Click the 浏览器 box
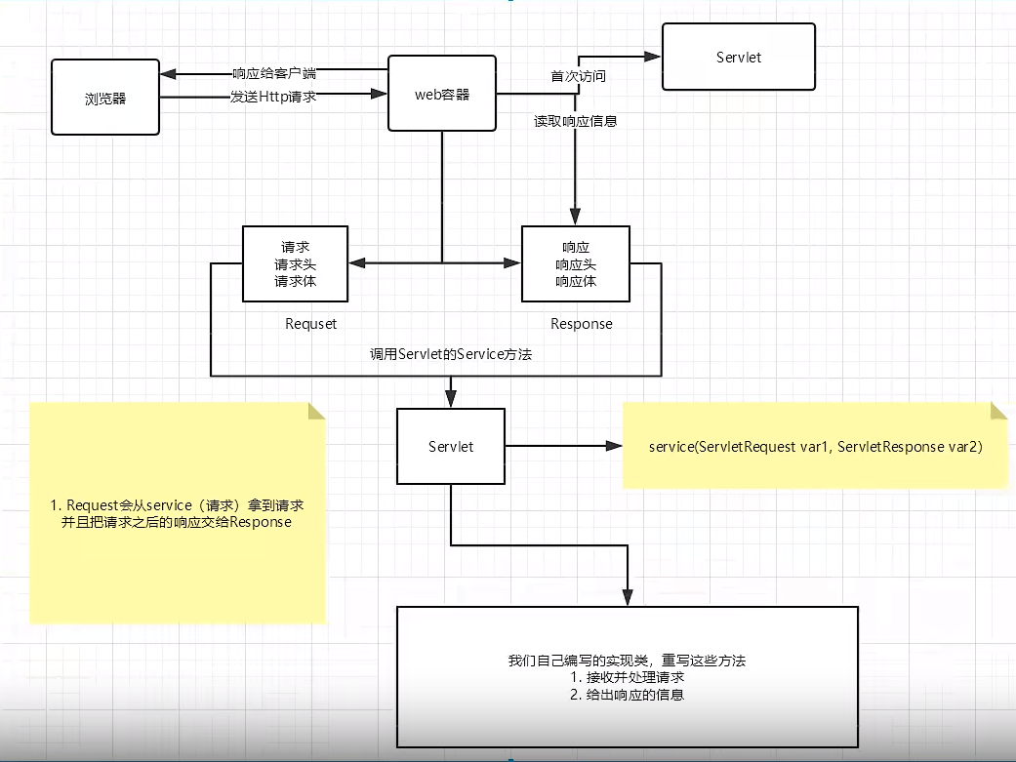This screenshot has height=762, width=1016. pos(105,98)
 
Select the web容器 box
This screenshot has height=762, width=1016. pos(442,94)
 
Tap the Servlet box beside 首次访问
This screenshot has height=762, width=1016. pos(738,57)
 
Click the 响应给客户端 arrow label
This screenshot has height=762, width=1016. pos(273,74)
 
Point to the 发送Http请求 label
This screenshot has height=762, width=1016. pos(273,97)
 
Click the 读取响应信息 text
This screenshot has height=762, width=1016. pos(575,122)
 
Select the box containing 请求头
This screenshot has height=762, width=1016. pos(295,263)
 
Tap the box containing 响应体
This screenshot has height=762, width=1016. pos(576,263)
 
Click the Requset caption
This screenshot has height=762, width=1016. pos(310,324)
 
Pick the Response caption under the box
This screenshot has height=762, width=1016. pos(582,324)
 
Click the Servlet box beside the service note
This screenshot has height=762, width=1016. pos(450,446)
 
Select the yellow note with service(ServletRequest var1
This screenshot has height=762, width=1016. pos(815,446)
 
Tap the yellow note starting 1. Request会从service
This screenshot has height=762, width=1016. pos(177,514)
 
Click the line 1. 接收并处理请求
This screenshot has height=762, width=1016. pos(627,678)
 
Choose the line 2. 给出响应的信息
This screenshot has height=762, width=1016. pos(627,696)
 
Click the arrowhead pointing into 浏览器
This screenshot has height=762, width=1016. pos(168,74)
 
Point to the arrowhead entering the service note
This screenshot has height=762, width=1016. pos(615,446)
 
